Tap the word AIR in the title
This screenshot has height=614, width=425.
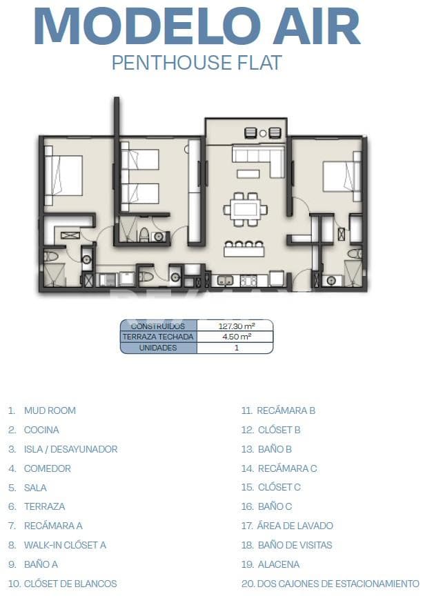pos(317,26)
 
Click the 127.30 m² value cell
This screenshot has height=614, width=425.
pos(236,326)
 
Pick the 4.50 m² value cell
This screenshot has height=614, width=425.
pos(236,337)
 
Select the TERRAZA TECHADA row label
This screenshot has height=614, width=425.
pos(158,337)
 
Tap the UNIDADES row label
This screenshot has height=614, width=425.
pos(158,348)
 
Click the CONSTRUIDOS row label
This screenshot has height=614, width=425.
pos(158,326)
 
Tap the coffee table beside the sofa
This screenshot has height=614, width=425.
pos(248,173)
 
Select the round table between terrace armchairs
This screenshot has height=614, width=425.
pos(263,134)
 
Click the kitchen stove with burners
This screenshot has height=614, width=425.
pos(248,281)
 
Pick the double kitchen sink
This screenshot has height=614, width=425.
pos(225,281)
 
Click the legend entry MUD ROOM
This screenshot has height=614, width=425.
pos(50,410)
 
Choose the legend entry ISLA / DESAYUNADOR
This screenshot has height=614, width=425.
pos(70,449)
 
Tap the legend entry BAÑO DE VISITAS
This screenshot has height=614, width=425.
pos(295,545)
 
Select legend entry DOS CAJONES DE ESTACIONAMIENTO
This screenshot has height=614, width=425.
pos(338,584)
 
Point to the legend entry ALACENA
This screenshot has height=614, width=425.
pos(279,564)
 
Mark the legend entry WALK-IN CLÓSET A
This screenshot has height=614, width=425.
pos(65,545)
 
